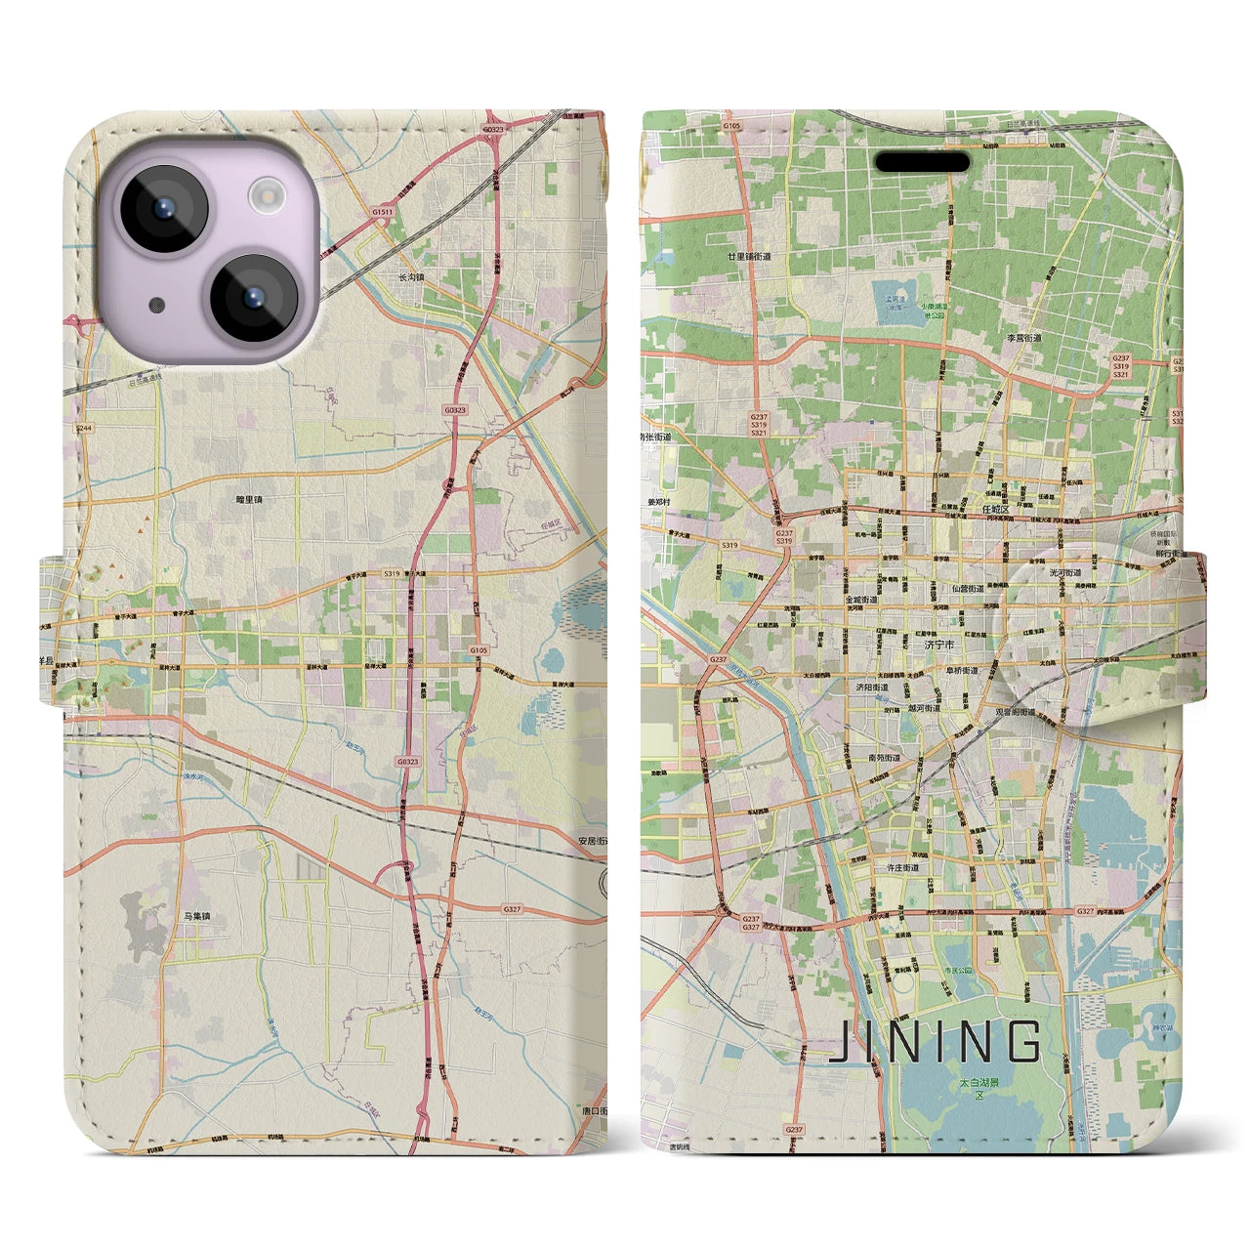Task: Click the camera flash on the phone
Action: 265,198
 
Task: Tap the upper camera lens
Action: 163,208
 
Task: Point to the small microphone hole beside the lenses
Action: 156,304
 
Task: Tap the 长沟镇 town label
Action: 411,277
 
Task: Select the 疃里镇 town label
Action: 249,499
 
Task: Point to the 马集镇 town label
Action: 196,916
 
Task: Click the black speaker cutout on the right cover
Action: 921,161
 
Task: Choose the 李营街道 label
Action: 1024,338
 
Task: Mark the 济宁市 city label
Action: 940,645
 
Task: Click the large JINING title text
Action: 935,1042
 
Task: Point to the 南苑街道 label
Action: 884,757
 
